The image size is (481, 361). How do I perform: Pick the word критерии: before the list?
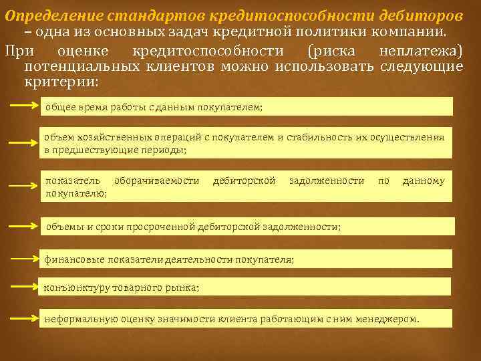click(61, 82)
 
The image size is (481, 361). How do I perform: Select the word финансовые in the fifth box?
click(71, 259)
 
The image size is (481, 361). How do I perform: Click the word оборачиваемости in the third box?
click(157, 180)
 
